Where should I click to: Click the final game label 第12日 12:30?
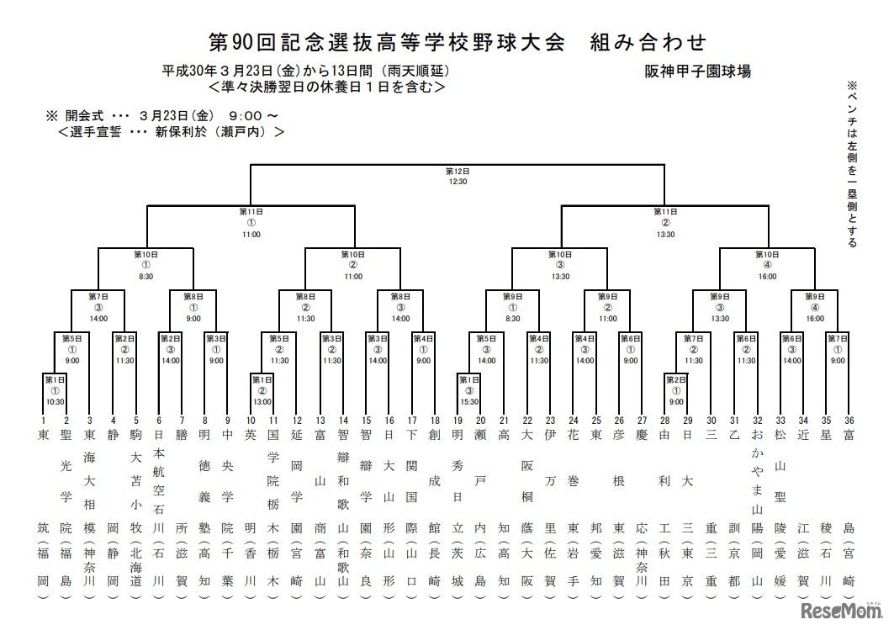[x=458, y=176]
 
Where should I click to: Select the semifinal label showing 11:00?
[x=251, y=223]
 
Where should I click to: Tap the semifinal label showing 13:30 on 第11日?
[x=665, y=223]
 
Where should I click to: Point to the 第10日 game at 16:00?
[x=768, y=263]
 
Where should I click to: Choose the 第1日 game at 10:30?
[x=55, y=391]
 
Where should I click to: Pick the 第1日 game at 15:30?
[x=468, y=391]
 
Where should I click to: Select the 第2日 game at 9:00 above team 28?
[x=675, y=391]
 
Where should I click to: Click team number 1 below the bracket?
[x=43, y=420]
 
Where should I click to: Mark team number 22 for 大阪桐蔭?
[x=527, y=420]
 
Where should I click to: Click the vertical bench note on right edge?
[x=851, y=164]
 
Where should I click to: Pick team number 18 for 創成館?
[x=434, y=420]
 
